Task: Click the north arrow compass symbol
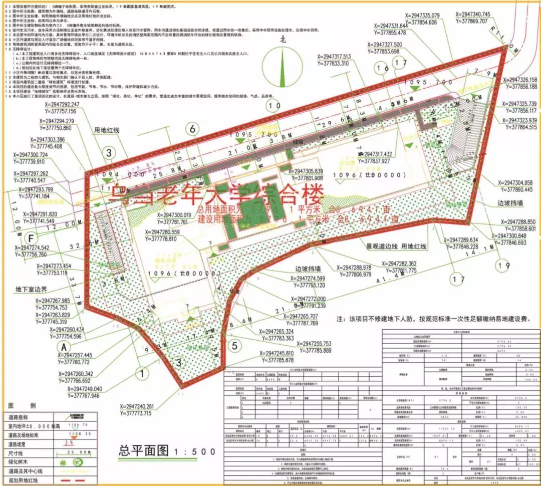(282, 65)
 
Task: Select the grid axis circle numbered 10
(274, 106)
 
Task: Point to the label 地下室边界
(31, 290)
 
